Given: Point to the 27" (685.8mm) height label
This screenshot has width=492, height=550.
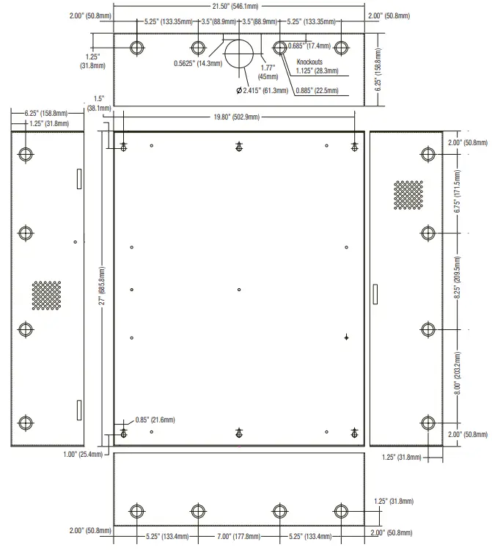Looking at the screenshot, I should pyautogui.click(x=103, y=285).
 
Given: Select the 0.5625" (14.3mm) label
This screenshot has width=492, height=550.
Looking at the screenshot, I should pyautogui.click(x=199, y=63).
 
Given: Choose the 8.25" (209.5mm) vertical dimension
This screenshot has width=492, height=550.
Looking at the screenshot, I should pyautogui.click(x=458, y=279).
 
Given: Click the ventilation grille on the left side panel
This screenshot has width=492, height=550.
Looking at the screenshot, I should pyautogui.click(x=45, y=294).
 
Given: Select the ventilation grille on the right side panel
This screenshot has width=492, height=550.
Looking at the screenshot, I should pyautogui.click(x=408, y=194).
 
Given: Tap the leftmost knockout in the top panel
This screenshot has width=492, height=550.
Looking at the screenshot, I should pyautogui.click(x=137, y=48).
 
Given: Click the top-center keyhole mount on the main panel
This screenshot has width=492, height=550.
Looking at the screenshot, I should pyautogui.click(x=239, y=147).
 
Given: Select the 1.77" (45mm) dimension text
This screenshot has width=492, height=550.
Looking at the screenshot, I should pyautogui.click(x=267, y=71).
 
